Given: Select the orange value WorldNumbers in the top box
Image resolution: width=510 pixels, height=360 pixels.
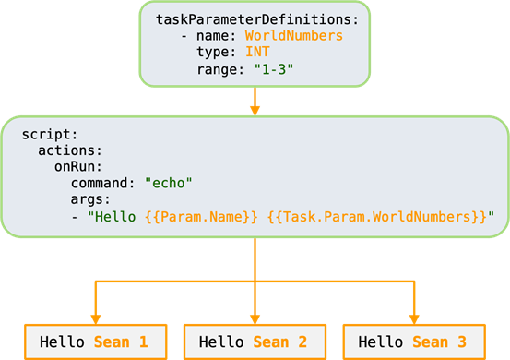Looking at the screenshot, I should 293,35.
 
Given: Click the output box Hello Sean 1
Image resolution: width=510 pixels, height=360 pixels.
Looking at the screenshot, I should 94,342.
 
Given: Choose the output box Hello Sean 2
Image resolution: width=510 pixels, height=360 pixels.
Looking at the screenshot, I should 254,342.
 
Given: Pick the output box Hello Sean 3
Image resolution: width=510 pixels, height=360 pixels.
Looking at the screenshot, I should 413,342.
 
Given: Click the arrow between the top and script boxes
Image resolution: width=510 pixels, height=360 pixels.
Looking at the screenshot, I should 255,100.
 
